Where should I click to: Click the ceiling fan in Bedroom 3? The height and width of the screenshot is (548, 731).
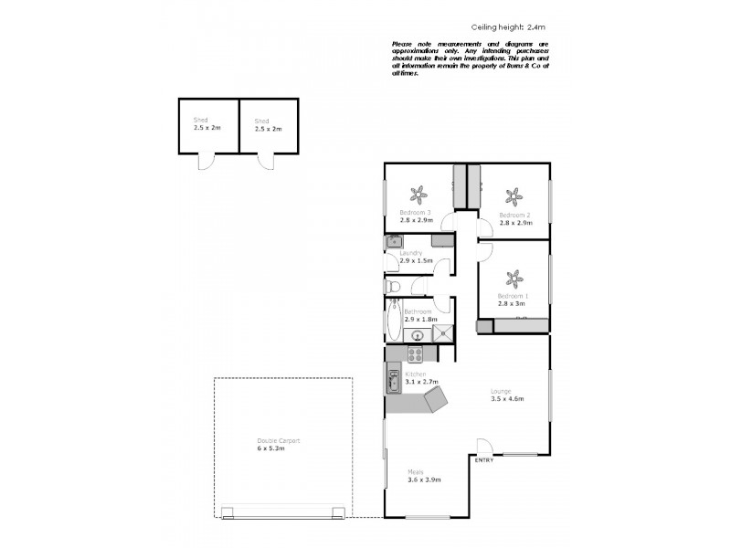(418, 194)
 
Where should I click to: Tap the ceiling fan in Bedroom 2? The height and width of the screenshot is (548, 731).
(514, 195)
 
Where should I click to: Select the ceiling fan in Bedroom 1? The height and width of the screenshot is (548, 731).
(514, 278)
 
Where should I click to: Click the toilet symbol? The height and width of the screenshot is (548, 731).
(393, 286)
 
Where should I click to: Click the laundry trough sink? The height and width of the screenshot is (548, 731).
(393, 242)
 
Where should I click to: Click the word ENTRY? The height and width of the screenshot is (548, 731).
(484, 460)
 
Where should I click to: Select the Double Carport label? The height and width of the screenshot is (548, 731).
(279, 441)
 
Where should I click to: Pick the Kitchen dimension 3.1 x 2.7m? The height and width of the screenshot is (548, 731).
(422, 382)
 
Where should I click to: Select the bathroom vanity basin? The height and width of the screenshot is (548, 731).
(408, 333)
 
